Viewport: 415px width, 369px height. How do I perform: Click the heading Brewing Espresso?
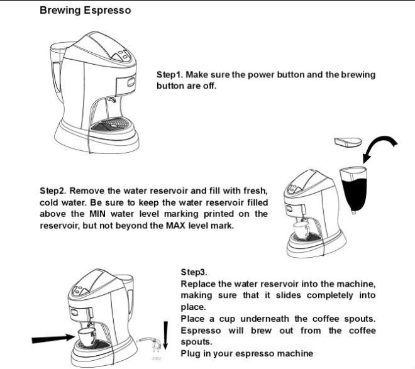coord(86,11)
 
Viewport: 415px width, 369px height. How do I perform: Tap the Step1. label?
coord(171,75)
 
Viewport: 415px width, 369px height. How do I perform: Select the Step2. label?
coord(54,190)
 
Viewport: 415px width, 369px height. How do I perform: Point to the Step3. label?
coord(194,273)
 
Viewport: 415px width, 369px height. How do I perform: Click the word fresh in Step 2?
coord(253,190)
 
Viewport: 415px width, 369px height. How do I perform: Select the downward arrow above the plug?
coord(165,333)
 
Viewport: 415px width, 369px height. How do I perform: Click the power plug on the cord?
coord(153,348)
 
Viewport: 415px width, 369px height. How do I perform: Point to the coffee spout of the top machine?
coord(112,101)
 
